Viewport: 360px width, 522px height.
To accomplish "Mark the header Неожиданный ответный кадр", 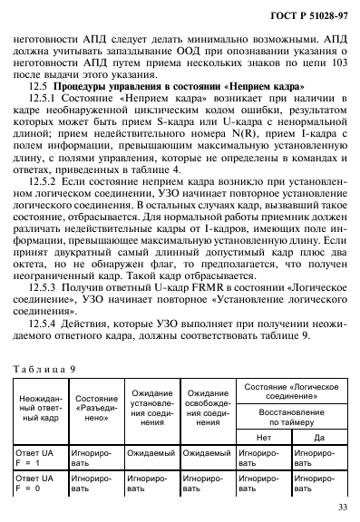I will pos(37,414).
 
